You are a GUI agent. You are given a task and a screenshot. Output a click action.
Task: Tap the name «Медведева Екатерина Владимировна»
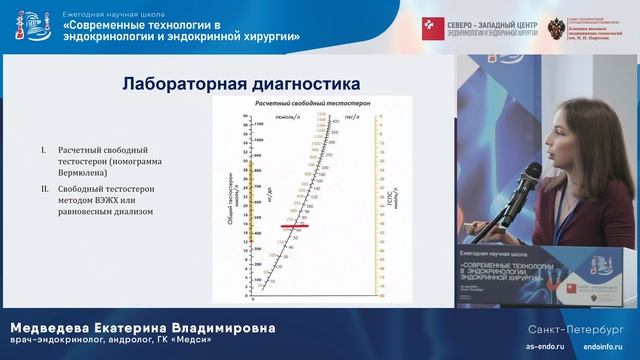141,328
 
